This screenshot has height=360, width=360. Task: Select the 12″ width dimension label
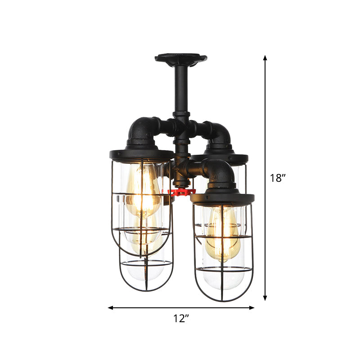pyautogui.click(x=181, y=319)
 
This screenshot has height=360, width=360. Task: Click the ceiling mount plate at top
pyautogui.click(x=180, y=58)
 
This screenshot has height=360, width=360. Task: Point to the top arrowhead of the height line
pyautogui.click(x=265, y=58)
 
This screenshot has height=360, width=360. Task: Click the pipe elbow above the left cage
pyautogui.click(x=141, y=130)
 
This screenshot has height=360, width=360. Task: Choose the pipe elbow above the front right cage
pyautogui.click(x=221, y=173)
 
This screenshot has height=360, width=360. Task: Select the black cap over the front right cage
pyautogui.click(x=222, y=197)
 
